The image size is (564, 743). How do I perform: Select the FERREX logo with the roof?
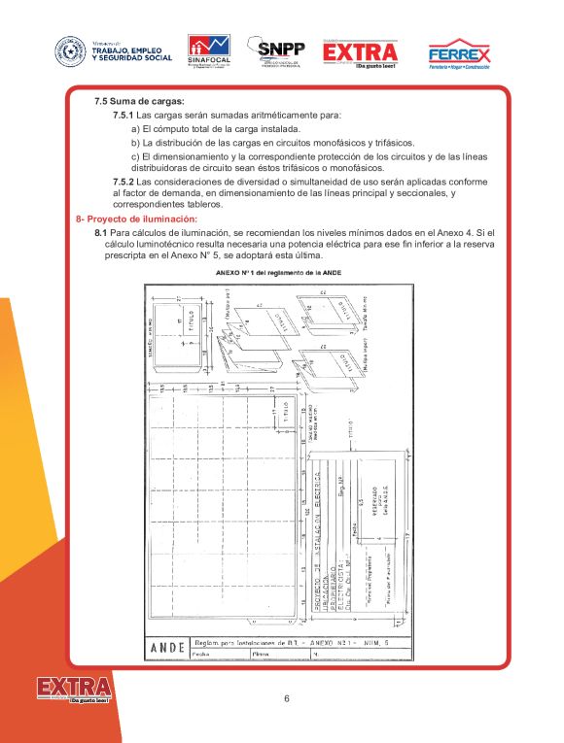click(x=459, y=53)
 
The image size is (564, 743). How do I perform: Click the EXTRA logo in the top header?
click(x=360, y=52)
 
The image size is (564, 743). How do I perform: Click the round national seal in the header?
click(x=70, y=51)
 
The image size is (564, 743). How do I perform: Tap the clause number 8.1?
click(x=100, y=234)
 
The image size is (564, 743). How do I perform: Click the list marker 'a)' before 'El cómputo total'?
click(x=135, y=129)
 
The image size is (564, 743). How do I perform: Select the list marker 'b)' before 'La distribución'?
click(x=135, y=143)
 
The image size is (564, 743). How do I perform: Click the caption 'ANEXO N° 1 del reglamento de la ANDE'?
click(x=282, y=275)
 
